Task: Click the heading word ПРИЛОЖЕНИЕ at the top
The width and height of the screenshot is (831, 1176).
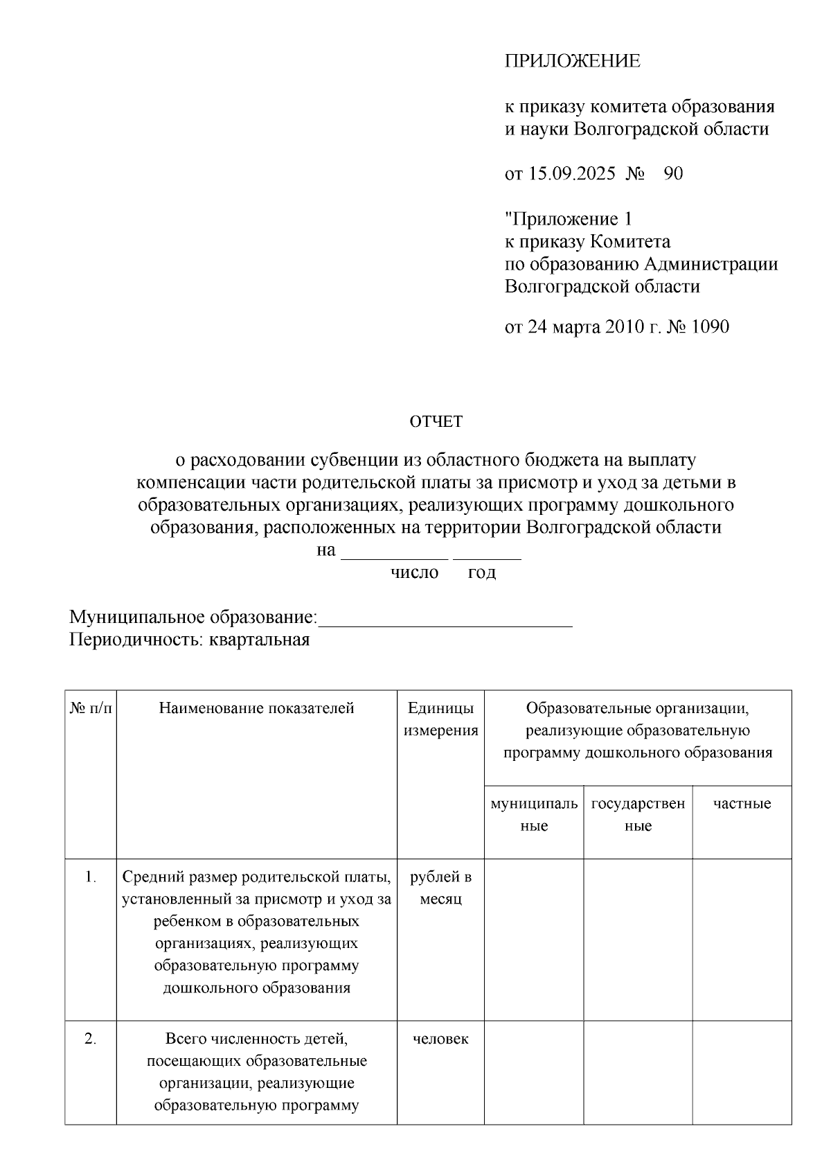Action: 572,61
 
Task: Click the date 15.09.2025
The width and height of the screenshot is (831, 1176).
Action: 571,173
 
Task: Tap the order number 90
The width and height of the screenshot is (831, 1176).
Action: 673,173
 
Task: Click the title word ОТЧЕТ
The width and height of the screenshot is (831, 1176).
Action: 436,421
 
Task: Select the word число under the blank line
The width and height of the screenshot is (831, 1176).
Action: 415,572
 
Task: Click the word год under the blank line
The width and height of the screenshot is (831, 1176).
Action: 482,572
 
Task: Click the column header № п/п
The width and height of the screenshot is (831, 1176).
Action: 91,708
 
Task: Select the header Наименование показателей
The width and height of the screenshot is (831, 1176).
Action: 256,708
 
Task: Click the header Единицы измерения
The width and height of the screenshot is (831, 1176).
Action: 440,719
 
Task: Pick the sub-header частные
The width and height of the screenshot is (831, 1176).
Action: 742,804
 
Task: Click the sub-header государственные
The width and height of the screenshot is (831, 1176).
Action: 638,814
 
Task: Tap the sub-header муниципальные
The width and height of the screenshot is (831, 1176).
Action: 534,814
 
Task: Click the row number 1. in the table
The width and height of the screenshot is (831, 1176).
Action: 91,877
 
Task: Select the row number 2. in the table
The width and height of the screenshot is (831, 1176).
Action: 91,1039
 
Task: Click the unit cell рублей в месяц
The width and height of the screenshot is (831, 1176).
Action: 440,888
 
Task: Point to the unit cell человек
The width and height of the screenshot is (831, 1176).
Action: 440,1039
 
